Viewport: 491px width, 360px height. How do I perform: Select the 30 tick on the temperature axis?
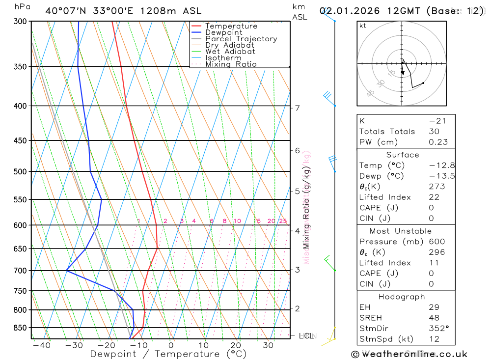[268, 345]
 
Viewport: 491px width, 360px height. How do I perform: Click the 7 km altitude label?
[298, 108]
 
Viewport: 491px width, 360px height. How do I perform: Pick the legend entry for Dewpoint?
[223, 32]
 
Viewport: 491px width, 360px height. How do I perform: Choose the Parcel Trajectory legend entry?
[241, 39]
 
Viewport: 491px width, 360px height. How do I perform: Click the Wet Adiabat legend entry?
[230, 52]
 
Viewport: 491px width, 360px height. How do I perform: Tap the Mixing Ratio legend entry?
[231, 64]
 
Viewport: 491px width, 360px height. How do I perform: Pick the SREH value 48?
[434, 318]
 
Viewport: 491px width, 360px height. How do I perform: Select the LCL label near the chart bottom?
[306, 336]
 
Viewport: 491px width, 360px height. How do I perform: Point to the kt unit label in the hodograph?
[363, 26]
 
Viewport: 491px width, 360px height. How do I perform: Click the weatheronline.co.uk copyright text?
[409, 354]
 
